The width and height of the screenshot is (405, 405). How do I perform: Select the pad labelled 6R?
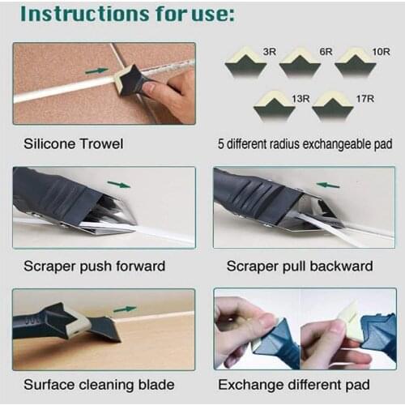[x=299, y=62]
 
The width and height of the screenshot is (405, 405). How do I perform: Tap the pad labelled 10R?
[x=355, y=62]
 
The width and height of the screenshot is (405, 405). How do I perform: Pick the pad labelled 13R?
[x=273, y=105]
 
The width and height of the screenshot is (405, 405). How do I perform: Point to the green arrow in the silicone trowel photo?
[x=96, y=70]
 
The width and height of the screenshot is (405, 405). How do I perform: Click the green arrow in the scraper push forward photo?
[x=118, y=185]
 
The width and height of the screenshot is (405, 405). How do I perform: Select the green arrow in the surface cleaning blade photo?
[x=125, y=309]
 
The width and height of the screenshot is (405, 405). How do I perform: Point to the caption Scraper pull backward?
[x=300, y=266]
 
